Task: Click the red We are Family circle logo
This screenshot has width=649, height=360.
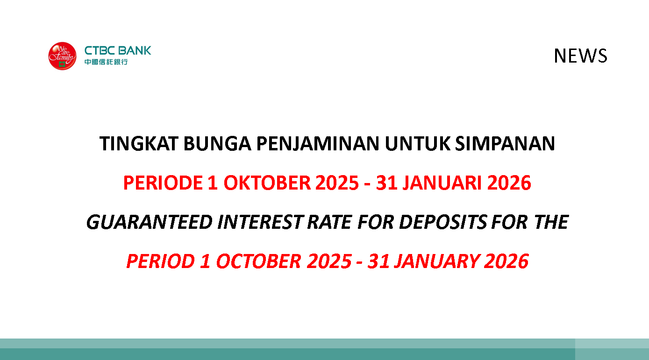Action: click(x=62, y=56)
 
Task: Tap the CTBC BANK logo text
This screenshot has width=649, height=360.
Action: click(x=118, y=50)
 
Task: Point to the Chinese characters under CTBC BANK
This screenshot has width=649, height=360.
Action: click(x=106, y=62)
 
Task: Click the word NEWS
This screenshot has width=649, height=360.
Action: click(x=580, y=56)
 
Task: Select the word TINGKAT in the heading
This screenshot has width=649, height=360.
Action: click(x=139, y=144)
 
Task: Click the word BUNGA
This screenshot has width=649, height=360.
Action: click(x=217, y=144)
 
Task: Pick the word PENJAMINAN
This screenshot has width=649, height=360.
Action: click(x=318, y=144)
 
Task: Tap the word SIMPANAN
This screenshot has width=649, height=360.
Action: click(x=505, y=144)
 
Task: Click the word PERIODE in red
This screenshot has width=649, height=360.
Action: click(x=163, y=183)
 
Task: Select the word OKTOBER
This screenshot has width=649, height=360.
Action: click(x=267, y=183)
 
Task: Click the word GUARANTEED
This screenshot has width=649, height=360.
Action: click(x=150, y=222)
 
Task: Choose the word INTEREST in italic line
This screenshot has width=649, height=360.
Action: click(x=260, y=222)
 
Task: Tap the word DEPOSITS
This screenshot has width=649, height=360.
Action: click(x=443, y=222)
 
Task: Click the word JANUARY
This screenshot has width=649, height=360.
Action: click(x=436, y=261)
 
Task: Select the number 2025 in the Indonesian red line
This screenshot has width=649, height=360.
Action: click(x=337, y=183)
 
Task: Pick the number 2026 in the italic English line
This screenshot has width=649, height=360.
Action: click(x=506, y=261)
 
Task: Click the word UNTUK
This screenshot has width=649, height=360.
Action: click(x=417, y=144)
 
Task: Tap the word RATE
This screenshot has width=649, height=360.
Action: click(x=329, y=222)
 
